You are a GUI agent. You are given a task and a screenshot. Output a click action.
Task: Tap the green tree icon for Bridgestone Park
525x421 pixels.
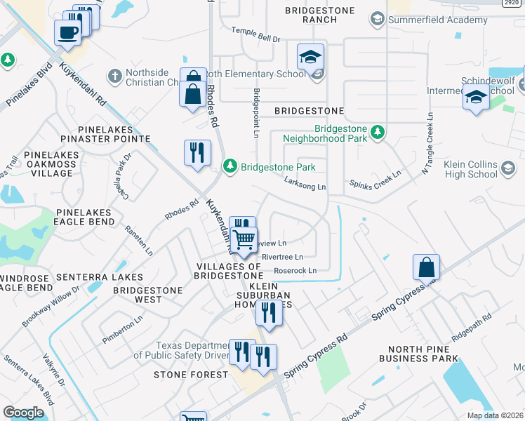pyautogui.click(x=230, y=166)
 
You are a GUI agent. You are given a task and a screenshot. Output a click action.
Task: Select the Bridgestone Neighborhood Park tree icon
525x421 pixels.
pyautogui.click(x=378, y=131)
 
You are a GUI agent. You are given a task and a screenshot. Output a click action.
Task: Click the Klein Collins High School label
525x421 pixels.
pyautogui.click(x=471, y=169)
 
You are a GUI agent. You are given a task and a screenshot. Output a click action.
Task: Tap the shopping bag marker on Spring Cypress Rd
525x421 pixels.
pyautogui.click(x=426, y=269)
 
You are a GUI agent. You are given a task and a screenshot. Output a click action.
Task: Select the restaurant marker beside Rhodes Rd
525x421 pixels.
pyautogui.click(x=197, y=153)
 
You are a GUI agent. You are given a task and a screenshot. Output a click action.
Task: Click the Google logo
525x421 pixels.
pyautogui.click(x=23, y=412)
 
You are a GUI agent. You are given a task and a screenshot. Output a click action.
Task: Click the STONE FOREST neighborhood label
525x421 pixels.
pyautogui.click(x=191, y=375)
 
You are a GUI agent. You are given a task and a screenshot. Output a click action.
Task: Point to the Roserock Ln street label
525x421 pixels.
pyautogui.click(x=295, y=270)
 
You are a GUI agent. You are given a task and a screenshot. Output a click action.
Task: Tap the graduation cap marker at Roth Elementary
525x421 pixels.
pyautogui.click(x=310, y=58)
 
